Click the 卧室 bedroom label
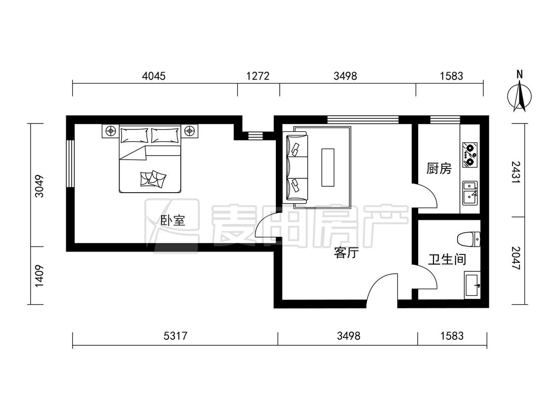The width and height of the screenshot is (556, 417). [x=173, y=221]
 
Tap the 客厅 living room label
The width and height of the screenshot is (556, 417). [x=346, y=253]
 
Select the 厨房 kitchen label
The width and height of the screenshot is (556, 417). [x=439, y=168]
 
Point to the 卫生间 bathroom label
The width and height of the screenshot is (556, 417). [x=447, y=259]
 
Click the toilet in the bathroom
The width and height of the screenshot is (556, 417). [x=469, y=239]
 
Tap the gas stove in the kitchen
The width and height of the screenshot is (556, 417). [x=470, y=155]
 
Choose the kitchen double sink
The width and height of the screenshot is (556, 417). [x=470, y=193]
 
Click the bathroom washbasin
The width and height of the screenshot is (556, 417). [x=472, y=285]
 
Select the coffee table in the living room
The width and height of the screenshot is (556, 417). [x=328, y=167]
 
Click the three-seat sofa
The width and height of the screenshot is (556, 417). [x=295, y=167]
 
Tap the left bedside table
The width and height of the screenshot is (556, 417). [x=111, y=131]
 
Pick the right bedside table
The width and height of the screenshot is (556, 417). [x=190, y=131]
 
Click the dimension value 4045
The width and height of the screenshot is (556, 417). [x=154, y=76]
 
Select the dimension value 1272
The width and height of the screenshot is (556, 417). [x=258, y=76]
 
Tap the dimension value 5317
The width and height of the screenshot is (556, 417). [x=175, y=335]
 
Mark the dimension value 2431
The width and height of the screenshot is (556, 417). [x=516, y=172]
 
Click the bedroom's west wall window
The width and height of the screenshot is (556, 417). [x=71, y=163]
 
